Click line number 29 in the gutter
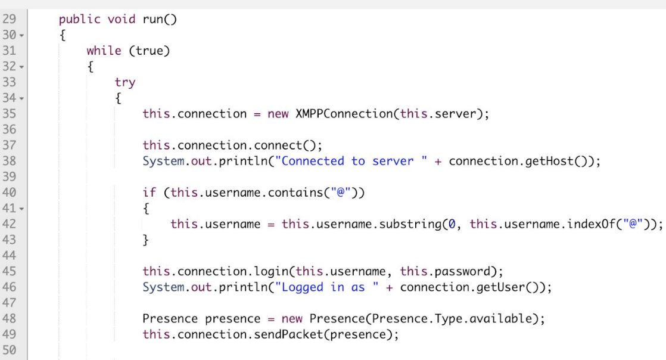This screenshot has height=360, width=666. point(9,20)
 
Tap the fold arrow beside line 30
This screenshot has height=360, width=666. point(21,36)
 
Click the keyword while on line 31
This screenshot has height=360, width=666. point(104,51)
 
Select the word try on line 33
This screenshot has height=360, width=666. point(125,82)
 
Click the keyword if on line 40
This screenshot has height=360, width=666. point(149,192)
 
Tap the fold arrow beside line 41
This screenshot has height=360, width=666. point(21,208)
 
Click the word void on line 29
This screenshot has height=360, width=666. point(121,20)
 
